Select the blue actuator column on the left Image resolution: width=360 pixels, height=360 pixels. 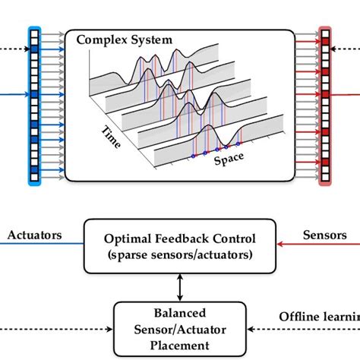[33, 106]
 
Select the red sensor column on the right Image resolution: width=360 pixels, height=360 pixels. [325, 106]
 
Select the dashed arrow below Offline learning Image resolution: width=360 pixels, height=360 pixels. [304, 329]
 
